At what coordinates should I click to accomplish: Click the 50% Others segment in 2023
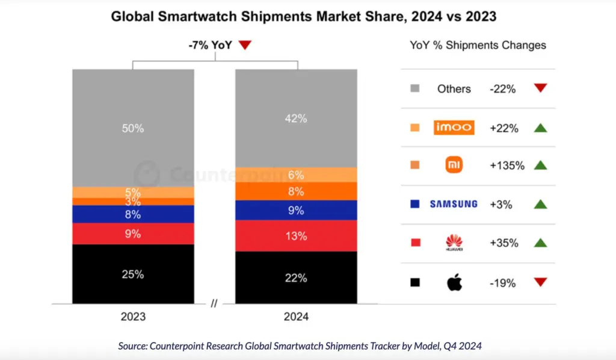point(133,128)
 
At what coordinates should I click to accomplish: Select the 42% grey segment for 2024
point(296,118)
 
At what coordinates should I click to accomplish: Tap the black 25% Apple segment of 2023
point(133,274)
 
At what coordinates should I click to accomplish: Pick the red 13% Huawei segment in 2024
point(296,235)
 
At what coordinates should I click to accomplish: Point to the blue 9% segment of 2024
point(296,210)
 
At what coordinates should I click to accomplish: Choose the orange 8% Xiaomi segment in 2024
point(296,191)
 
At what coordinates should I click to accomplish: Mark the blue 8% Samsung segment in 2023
point(133,214)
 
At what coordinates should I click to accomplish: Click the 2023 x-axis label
point(133,317)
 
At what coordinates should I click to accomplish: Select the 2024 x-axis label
point(296,317)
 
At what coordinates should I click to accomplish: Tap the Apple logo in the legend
point(454,282)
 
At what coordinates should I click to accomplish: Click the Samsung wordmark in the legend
point(454,204)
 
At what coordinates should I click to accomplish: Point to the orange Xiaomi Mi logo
point(454,166)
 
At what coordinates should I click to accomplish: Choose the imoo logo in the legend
point(454,127)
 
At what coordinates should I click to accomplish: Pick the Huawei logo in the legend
point(454,243)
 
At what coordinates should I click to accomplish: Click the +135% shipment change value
point(507,166)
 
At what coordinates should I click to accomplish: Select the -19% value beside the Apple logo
point(502,282)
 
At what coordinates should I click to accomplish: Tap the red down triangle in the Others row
point(540,88)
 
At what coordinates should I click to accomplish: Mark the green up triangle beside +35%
point(540,243)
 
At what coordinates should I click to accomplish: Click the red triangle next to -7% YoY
point(244,45)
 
